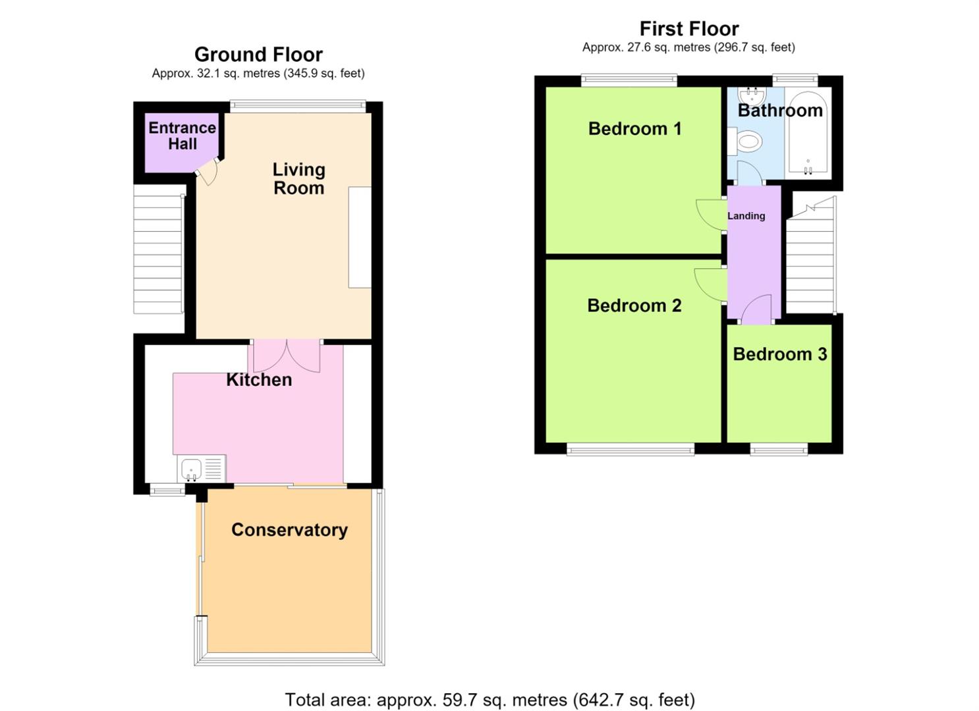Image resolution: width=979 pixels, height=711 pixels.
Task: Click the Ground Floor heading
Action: tap(258, 55)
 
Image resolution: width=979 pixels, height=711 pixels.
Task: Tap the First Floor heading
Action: tap(689, 29)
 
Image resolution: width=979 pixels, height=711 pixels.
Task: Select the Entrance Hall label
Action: tap(182, 136)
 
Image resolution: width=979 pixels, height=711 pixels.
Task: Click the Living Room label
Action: tap(299, 179)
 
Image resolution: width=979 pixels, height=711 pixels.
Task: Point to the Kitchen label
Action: tap(259, 379)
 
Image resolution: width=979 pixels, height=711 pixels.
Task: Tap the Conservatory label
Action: tap(289, 530)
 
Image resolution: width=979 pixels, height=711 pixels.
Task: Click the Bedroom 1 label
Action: tap(634, 129)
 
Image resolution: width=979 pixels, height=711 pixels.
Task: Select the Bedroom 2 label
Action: tap(634, 305)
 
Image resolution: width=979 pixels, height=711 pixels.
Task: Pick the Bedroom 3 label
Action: tap(779, 354)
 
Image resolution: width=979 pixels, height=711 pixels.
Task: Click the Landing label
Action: tap(746, 216)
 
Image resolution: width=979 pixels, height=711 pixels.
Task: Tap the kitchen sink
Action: tap(202, 468)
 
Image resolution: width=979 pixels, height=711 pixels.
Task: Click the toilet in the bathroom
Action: tap(746, 142)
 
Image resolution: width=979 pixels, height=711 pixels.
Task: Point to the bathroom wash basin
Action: tap(751, 94)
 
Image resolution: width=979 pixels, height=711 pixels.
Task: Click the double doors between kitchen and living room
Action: tap(287, 356)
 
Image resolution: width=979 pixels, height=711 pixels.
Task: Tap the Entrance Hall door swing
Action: tap(207, 171)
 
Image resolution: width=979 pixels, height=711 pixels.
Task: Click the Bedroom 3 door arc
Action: tap(757, 309)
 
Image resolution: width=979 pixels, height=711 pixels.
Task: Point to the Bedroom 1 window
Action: tap(629, 80)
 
